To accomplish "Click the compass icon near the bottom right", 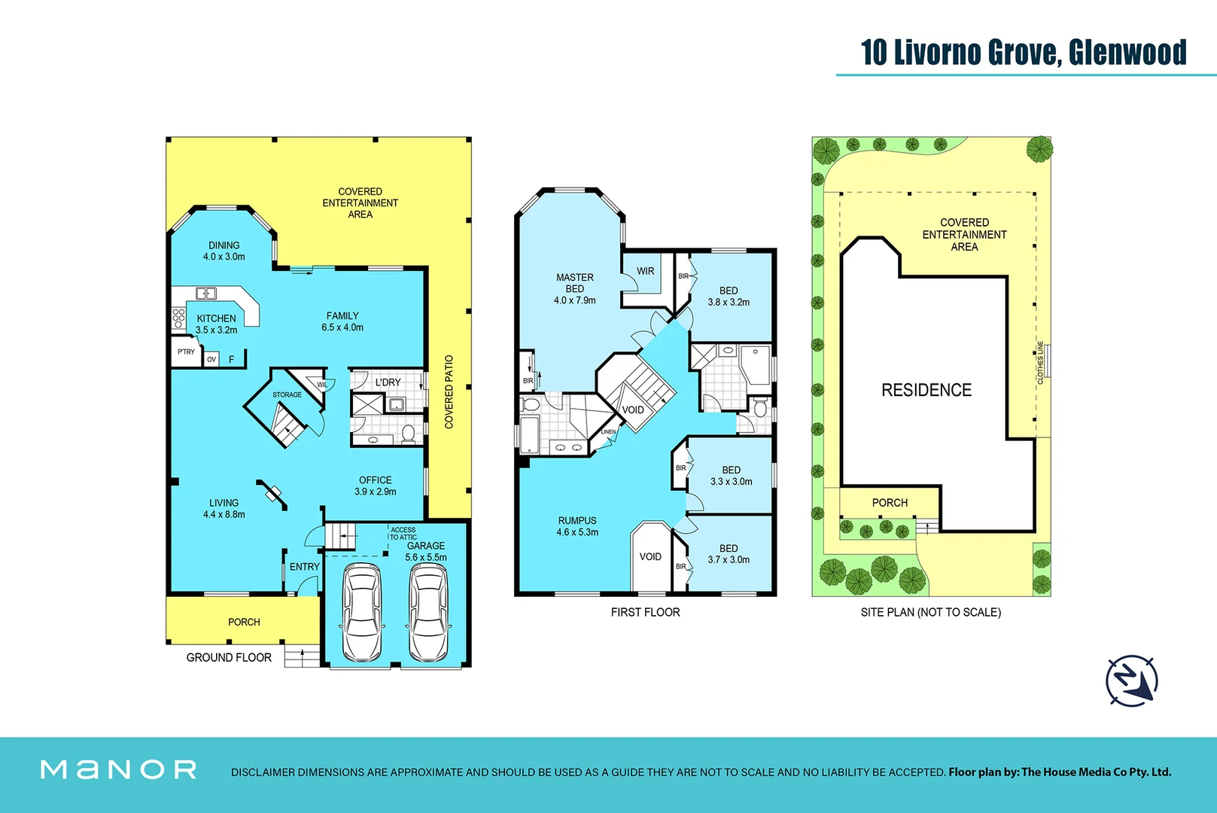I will click(1131, 681).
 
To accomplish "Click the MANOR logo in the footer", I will click(119, 769).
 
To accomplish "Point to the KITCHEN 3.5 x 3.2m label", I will click(217, 324).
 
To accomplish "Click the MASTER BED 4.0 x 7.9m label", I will click(575, 289).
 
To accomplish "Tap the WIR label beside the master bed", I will click(646, 271).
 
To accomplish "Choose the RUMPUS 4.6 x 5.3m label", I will click(577, 526).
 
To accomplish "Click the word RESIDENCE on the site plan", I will click(926, 390).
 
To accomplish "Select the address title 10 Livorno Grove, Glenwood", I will click(1024, 53).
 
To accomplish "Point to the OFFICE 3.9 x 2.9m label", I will click(376, 486).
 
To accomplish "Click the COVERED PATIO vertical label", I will click(449, 392).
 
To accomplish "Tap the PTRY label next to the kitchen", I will click(186, 352).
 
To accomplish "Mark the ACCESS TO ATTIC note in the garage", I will click(403, 534).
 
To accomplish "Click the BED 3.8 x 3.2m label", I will click(729, 296).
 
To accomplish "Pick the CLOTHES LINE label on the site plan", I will click(1041, 363).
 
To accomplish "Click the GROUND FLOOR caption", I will click(229, 657).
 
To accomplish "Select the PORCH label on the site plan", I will click(890, 503).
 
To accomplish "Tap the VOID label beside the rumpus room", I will click(650, 557).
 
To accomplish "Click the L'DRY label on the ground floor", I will click(388, 382).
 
